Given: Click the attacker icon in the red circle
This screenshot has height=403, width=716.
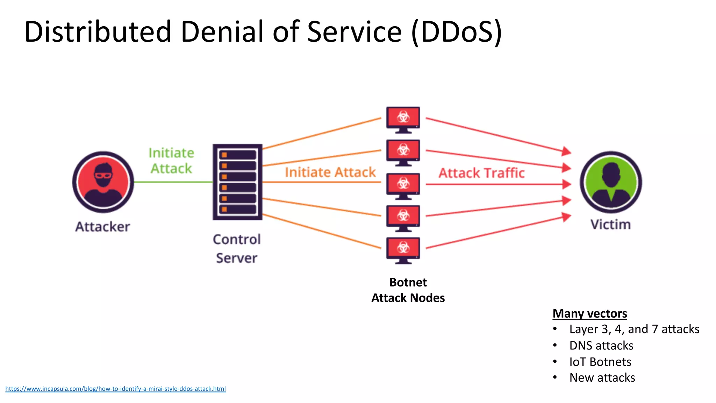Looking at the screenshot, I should [103, 182].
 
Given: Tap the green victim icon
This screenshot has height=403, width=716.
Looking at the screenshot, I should [611, 182].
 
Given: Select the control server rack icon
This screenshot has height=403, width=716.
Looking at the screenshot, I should [237, 182].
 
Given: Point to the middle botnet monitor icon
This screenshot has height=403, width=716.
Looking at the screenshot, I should [403, 186].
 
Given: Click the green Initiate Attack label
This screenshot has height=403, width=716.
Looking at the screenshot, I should [171, 161].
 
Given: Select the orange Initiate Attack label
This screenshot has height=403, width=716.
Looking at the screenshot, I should [330, 172].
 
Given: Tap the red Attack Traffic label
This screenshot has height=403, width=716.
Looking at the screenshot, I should [481, 173].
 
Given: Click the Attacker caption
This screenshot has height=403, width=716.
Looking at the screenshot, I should [102, 227].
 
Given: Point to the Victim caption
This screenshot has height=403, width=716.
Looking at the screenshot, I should [610, 225].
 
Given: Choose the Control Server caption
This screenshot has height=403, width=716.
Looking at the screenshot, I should [237, 249].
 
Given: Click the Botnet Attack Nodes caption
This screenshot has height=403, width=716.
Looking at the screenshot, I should [408, 290].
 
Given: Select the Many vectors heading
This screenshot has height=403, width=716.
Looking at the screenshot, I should [589, 313].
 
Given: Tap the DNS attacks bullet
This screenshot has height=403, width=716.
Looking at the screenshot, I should [601, 346].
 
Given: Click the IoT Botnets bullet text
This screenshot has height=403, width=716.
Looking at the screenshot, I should [600, 362].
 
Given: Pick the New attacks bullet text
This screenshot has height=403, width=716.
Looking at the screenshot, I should [602, 378].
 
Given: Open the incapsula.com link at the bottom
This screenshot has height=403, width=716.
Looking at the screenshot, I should [115, 389].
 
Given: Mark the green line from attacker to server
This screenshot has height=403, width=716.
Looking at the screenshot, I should [173, 182].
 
